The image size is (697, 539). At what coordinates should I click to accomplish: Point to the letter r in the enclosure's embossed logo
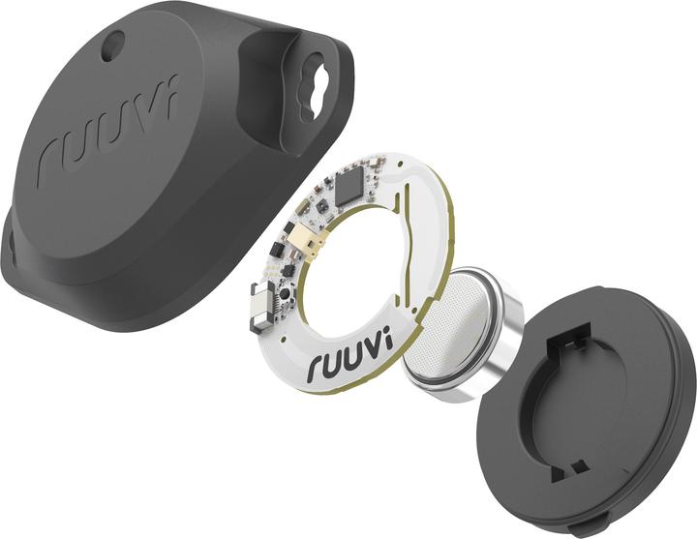(48, 165)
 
